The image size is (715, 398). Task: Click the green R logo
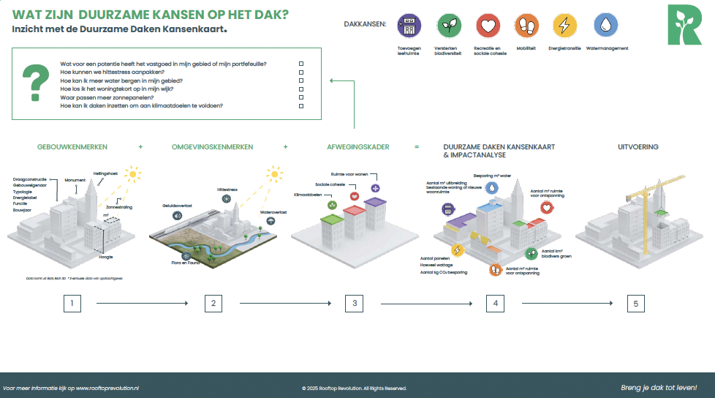pyautogui.click(x=684, y=24)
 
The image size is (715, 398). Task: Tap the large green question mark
pyautogui.click(x=33, y=83)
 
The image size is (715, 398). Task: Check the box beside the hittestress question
pyautogui.click(x=300, y=72)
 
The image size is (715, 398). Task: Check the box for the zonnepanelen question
pyautogui.click(x=300, y=97)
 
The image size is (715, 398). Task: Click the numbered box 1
pyautogui.click(x=72, y=304)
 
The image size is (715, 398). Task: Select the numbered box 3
pyautogui.click(x=354, y=304)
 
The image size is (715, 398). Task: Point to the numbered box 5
pyautogui.click(x=636, y=304)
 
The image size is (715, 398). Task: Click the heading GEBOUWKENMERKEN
pyautogui.click(x=67, y=147)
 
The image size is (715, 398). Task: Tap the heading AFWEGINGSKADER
pyautogui.click(x=358, y=147)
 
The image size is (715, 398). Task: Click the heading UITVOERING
pyautogui.click(x=638, y=147)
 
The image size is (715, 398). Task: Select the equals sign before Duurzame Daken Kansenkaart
pyautogui.click(x=417, y=147)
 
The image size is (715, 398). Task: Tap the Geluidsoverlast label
pyautogui.click(x=177, y=206)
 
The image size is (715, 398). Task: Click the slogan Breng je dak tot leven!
pyautogui.click(x=658, y=388)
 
